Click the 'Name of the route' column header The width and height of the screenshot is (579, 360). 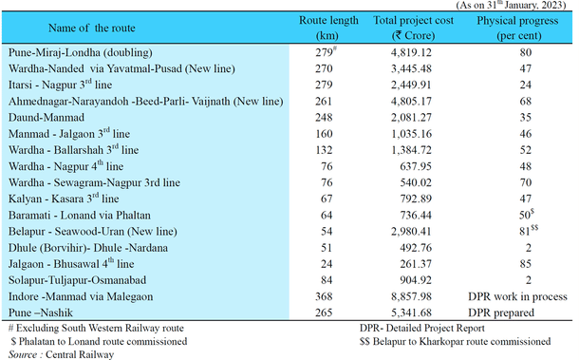pos(75,26)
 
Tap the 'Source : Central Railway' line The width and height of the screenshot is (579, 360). pos(60,353)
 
